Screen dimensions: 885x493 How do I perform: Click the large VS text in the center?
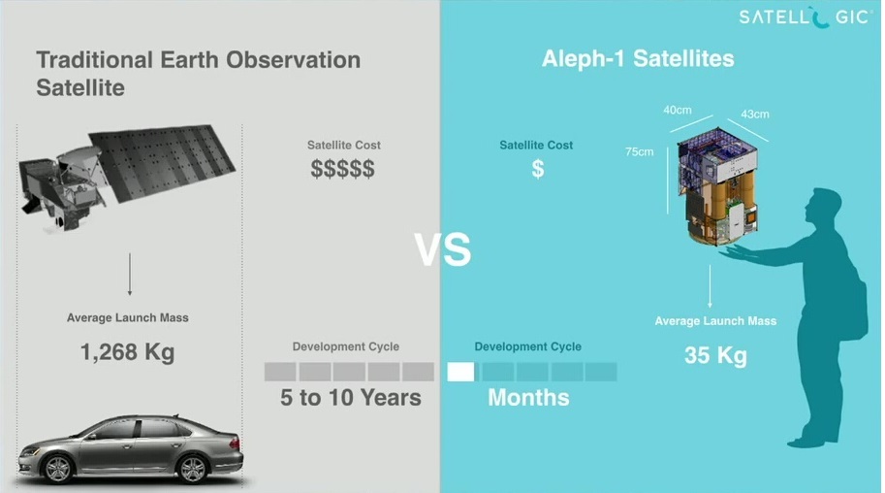[x=442, y=249]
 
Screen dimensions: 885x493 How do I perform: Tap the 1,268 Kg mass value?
[x=128, y=351]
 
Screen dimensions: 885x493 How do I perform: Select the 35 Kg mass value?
[x=715, y=355]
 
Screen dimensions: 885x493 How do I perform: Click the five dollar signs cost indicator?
[x=342, y=169]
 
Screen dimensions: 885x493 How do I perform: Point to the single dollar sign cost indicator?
[x=538, y=169]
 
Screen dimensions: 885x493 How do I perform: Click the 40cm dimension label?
[x=678, y=110]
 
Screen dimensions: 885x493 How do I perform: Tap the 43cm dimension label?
[x=754, y=115]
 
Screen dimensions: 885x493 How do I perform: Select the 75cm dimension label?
[x=640, y=151]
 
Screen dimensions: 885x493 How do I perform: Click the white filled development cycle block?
[x=461, y=372]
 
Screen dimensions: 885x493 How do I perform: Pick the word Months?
[x=528, y=398]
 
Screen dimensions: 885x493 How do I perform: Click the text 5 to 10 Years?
[x=351, y=398]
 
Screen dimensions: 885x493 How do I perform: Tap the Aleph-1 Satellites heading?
[x=638, y=59]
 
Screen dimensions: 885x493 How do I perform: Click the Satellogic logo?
[x=805, y=16]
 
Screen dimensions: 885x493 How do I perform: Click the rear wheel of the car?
[x=192, y=468]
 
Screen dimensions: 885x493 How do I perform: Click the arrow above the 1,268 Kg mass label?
[x=130, y=275]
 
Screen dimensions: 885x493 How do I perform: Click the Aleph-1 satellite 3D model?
[x=718, y=186]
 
